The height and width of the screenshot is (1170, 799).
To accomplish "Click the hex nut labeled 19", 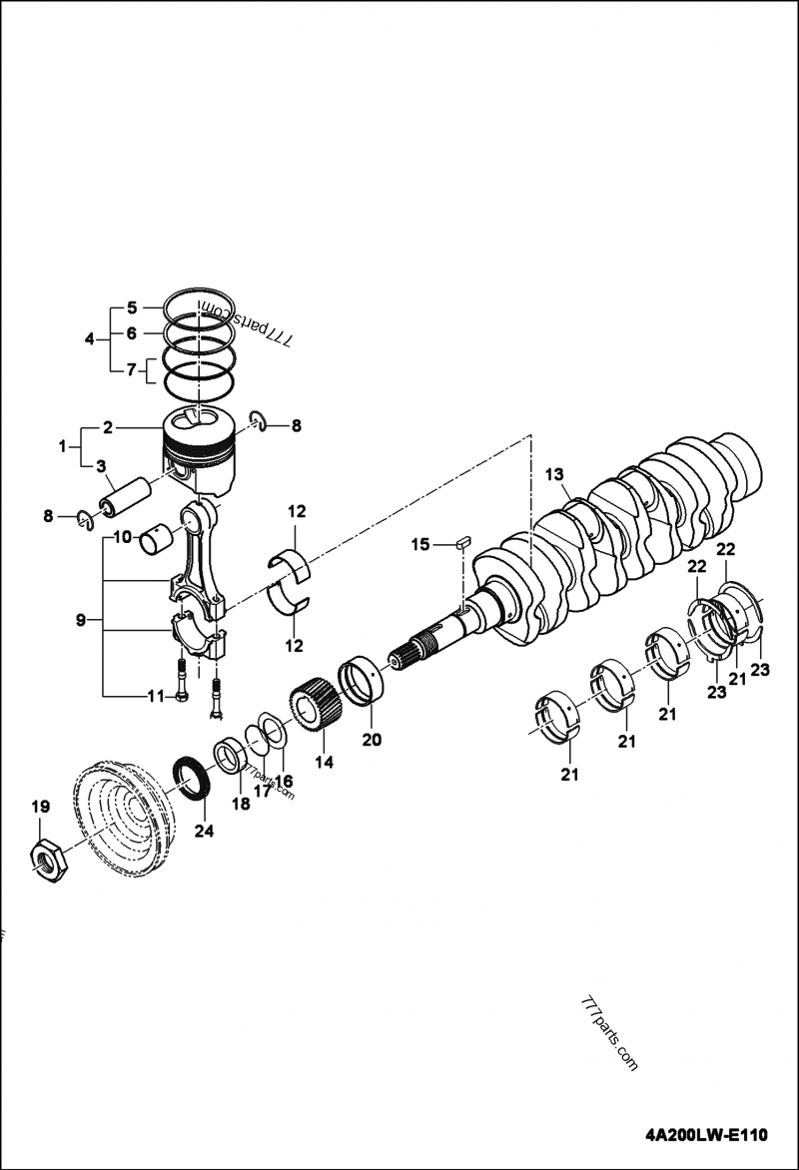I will pos(47,860).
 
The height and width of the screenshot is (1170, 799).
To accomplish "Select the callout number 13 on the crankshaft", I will pos(555,475).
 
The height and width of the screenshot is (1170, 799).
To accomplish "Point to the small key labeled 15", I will pos(461,543).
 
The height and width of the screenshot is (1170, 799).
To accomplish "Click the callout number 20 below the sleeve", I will pos(372,740).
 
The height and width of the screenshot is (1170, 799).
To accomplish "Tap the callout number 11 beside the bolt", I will pos(156,697).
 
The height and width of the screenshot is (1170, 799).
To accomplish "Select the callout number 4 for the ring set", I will pos(90,339).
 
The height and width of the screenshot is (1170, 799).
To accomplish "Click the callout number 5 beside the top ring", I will pos(131,307).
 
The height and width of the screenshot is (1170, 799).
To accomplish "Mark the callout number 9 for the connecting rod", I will pos(81,621).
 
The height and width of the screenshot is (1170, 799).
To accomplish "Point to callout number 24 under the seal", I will pos(203,830).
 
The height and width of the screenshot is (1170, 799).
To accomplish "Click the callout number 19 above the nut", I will pos(39,807).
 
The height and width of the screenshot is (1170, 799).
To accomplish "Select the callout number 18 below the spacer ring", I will pos(241,804).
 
